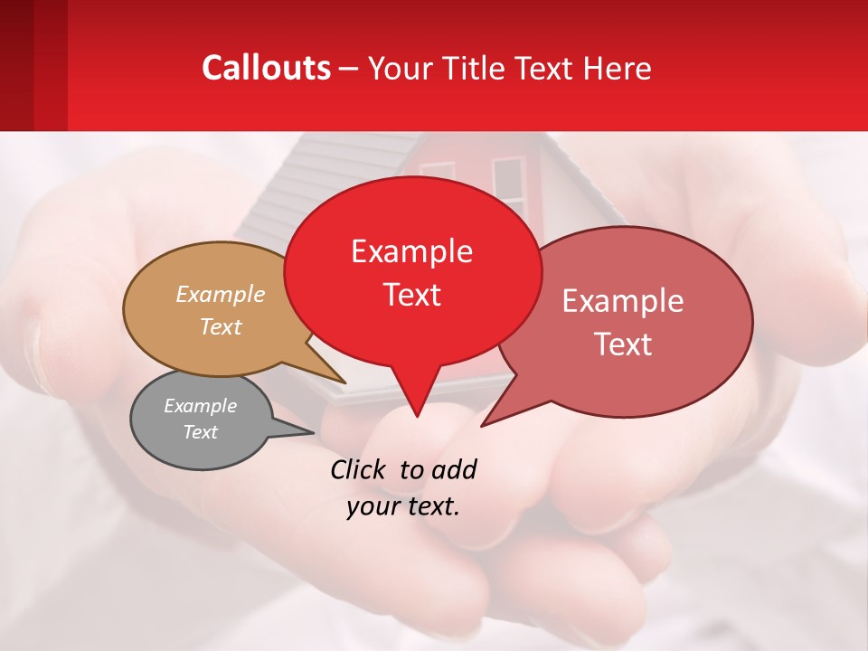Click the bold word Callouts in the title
[266, 68]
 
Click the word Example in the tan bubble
[221, 294]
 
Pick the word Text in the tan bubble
[221, 326]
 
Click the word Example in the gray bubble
[200, 406]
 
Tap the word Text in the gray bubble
[200, 432]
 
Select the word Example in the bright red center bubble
[411, 251]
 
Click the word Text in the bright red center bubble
[411, 295]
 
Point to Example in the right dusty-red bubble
[623, 301]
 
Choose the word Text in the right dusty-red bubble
[623, 344]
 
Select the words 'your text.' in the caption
[402, 506]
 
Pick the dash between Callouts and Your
[349, 69]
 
